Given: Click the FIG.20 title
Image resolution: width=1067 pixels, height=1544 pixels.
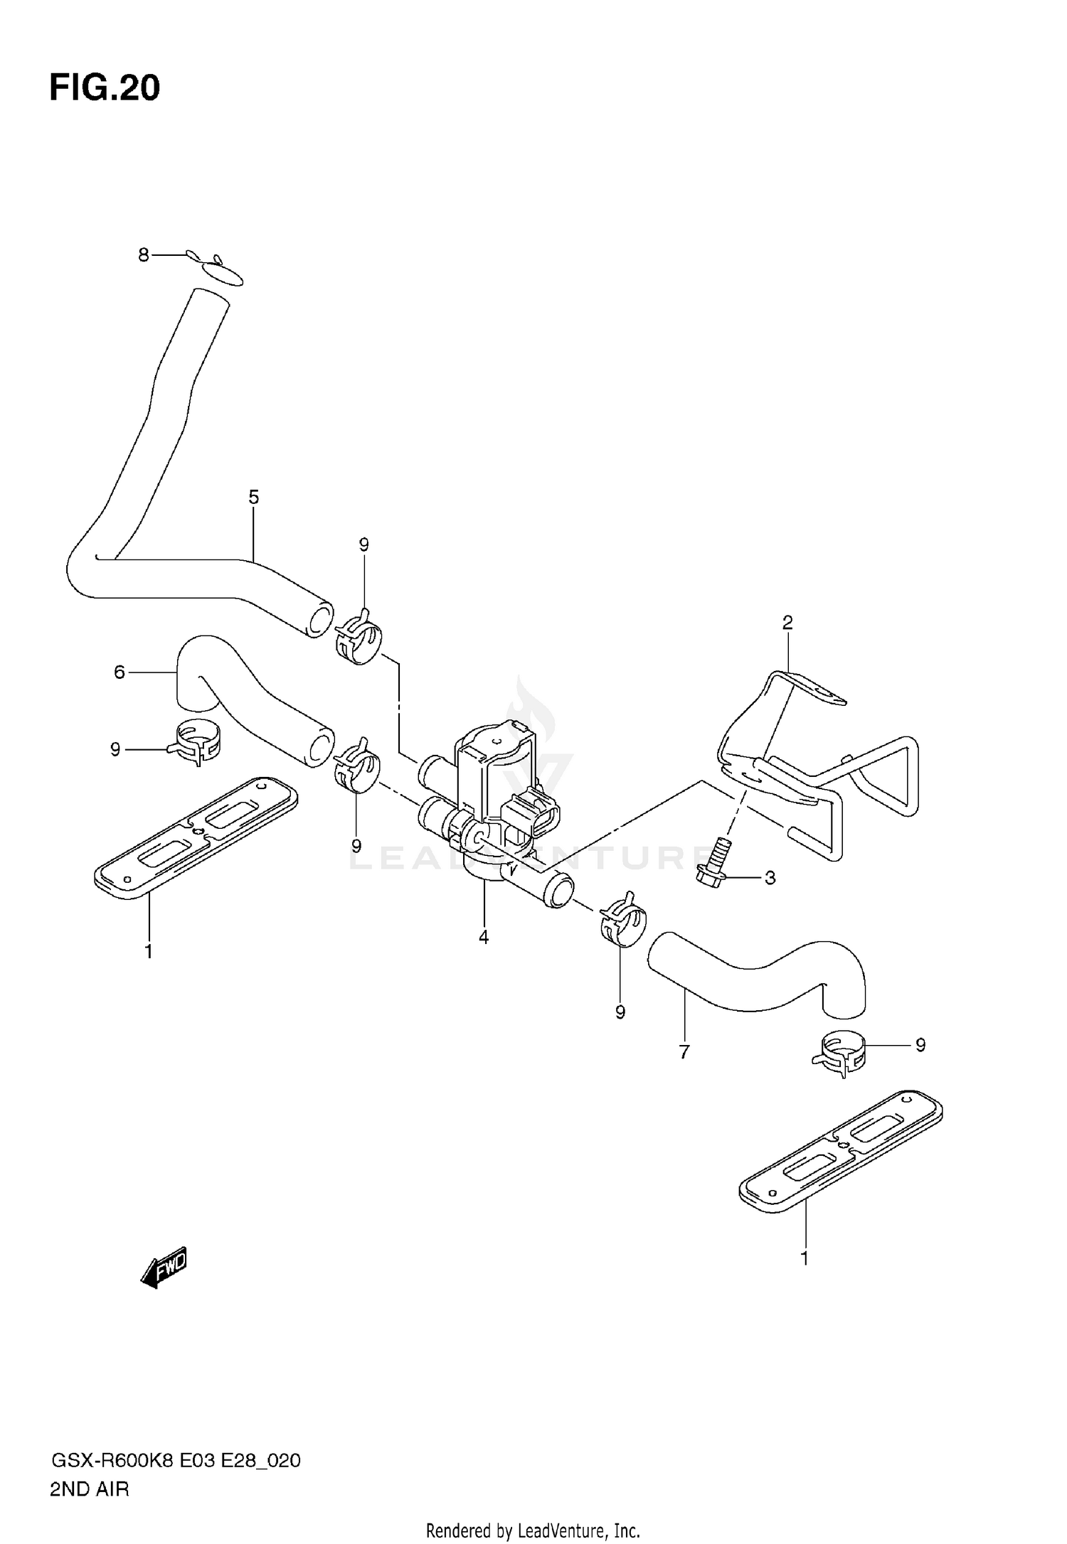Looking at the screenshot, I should click(105, 88).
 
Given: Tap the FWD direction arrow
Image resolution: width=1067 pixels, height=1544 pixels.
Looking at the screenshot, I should click(165, 1266).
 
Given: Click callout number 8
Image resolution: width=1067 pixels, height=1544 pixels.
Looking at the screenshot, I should click(144, 254).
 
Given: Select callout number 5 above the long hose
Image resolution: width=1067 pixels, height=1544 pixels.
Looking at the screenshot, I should click(254, 497).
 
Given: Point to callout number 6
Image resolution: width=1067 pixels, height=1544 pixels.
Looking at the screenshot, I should click(120, 671).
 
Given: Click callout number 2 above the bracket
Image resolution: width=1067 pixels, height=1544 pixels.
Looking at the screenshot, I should click(787, 623).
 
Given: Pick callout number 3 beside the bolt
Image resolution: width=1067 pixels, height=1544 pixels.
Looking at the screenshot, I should click(770, 878).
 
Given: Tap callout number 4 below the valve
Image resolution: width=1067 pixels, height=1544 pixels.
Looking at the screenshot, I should click(484, 937).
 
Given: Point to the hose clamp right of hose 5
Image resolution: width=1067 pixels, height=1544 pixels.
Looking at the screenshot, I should click(358, 634).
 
